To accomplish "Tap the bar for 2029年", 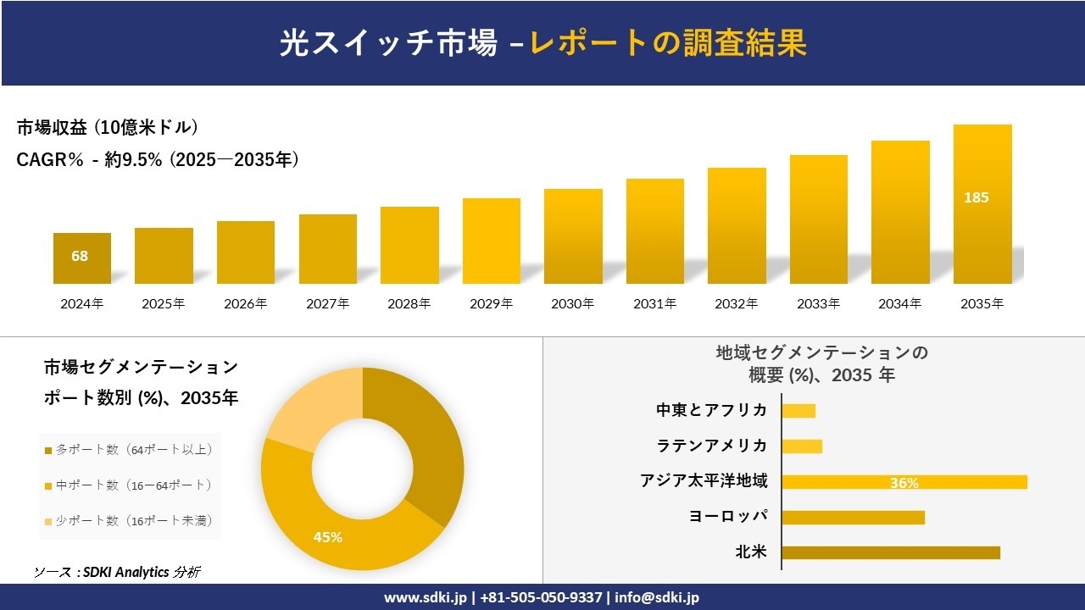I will click(492, 241).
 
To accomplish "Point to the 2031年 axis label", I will click(655, 303).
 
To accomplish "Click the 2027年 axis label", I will click(328, 303).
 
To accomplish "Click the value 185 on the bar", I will click(976, 197).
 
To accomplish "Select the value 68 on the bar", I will click(80, 256).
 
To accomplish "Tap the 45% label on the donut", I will click(328, 537).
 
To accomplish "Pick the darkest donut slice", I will click(424, 449).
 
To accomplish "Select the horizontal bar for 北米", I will click(890, 552).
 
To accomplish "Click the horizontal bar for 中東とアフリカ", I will click(798, 411).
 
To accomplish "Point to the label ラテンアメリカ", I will click(712, 446).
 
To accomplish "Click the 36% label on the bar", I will click(904, 483).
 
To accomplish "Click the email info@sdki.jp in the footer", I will click(658, 597).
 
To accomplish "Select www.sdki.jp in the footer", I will click(425, 597).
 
